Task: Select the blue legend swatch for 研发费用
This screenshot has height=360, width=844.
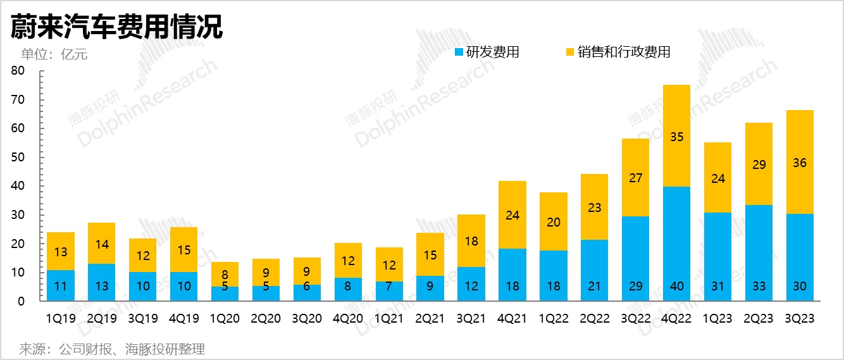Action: [459, 52]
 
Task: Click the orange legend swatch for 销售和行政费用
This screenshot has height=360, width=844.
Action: [570, 52]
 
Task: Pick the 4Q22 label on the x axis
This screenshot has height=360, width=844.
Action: [676, 319]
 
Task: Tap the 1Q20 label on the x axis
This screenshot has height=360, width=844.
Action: [225, 319]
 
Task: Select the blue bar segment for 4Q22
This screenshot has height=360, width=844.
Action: [676, 244]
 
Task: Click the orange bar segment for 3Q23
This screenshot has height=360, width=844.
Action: [799, 162]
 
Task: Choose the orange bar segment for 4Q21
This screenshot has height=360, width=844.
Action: [512, 215]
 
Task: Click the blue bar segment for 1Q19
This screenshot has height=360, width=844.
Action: [61, 285]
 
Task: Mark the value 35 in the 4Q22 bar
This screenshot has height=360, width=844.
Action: [676, 136]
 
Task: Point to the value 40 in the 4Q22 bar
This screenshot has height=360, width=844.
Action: [676, 286]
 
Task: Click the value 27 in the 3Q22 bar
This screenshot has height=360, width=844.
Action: [635, 178]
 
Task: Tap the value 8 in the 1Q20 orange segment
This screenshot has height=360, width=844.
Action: [225, 275]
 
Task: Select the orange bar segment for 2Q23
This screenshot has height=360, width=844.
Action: [758, 164]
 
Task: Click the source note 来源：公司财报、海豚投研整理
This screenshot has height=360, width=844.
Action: [112, 349]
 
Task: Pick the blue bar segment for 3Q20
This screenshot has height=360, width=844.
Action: [307, 293]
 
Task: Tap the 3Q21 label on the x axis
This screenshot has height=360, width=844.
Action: [471, 319]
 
